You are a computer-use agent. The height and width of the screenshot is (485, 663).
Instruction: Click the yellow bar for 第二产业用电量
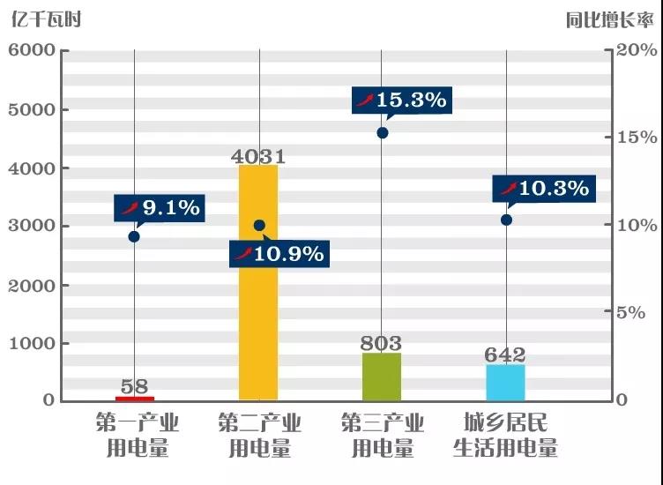(258, 282)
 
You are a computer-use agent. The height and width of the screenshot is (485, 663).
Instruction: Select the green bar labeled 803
(382, 377)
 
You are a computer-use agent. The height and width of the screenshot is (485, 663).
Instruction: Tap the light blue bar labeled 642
(505, 382)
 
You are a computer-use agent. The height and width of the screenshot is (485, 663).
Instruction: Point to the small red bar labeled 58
(135, 399)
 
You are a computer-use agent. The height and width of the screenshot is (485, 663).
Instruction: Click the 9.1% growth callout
(160, 209)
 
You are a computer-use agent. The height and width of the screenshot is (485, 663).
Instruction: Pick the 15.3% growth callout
(401, 101)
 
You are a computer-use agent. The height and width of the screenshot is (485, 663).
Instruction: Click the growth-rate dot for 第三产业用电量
(383, 133)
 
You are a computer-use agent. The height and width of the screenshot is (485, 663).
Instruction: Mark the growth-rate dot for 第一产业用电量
(134, 236)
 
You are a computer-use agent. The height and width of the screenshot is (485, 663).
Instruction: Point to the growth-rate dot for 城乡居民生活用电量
(506, 220)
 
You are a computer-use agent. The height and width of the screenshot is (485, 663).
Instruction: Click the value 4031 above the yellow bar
(258, 157)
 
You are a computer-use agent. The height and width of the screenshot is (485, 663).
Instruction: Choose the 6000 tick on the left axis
(32, 51)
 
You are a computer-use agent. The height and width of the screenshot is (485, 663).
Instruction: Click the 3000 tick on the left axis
(32, 227)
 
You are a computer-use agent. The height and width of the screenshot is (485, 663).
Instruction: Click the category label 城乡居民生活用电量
(505, 436)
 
